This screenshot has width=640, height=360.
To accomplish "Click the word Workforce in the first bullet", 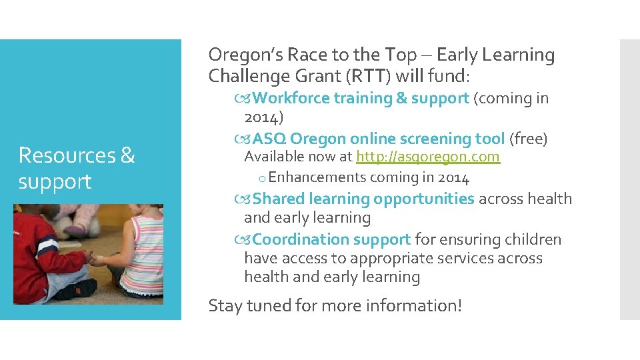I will coord(291,98).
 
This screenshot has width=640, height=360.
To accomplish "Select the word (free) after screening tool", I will coord(528,139).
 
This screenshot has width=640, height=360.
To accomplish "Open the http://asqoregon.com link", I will coord(427,157).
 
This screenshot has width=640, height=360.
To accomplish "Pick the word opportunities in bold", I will coord(424,199).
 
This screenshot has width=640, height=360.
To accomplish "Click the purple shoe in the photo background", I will coord(75,229).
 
